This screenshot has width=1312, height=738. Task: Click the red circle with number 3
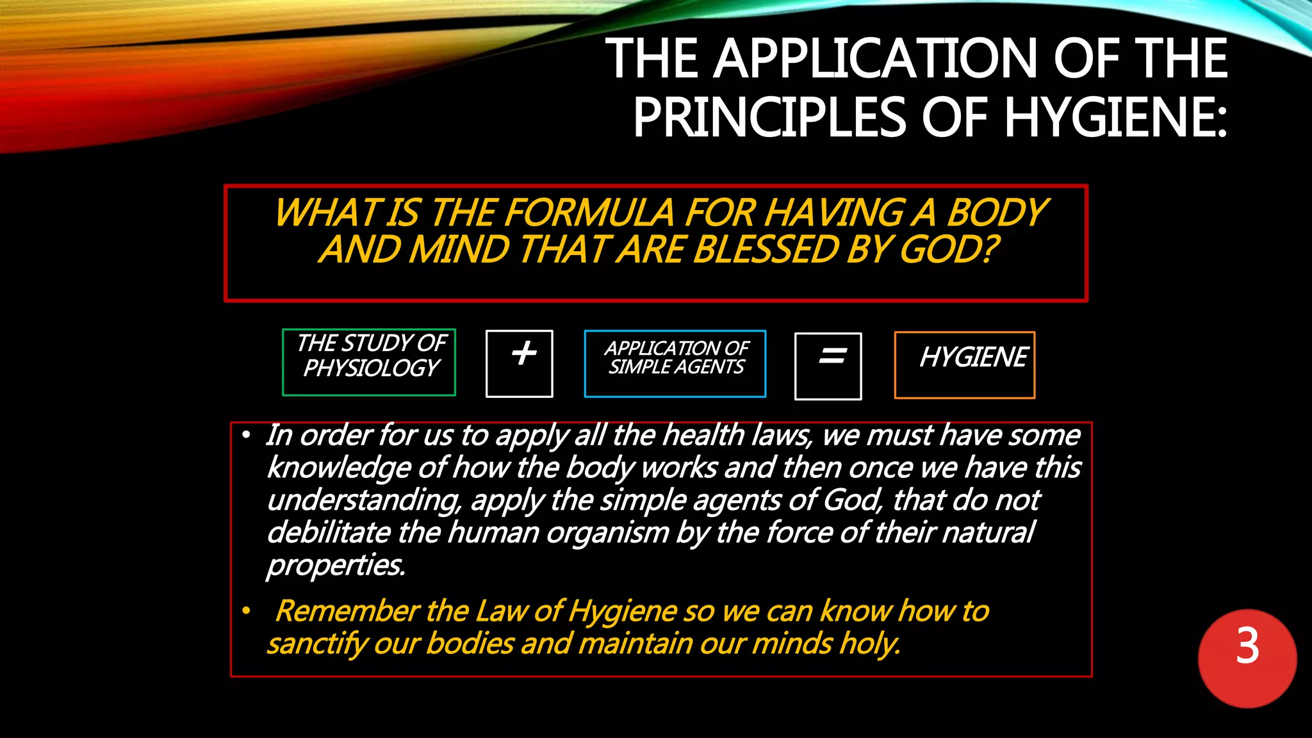point(1247,659)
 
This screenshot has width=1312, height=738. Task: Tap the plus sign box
point(520,363)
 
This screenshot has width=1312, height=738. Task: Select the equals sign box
point(828,366)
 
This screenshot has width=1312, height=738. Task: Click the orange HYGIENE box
point(964,365)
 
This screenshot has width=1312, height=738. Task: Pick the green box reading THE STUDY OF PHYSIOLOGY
point(369,362)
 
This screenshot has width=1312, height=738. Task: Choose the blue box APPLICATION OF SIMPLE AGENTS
point(675,363)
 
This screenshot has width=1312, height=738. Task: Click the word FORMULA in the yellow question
point(589,213)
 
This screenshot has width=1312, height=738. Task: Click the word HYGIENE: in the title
point(1115,117)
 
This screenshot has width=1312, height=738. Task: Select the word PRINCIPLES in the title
point(769,117)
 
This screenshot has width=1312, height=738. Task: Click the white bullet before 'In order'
point(246,436)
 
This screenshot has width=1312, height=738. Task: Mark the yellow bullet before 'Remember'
point(246,611)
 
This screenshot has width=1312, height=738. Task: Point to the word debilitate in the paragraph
point(328,532)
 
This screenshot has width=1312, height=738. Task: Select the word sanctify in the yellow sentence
point(316,644)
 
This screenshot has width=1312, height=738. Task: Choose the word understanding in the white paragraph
point(363,500)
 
